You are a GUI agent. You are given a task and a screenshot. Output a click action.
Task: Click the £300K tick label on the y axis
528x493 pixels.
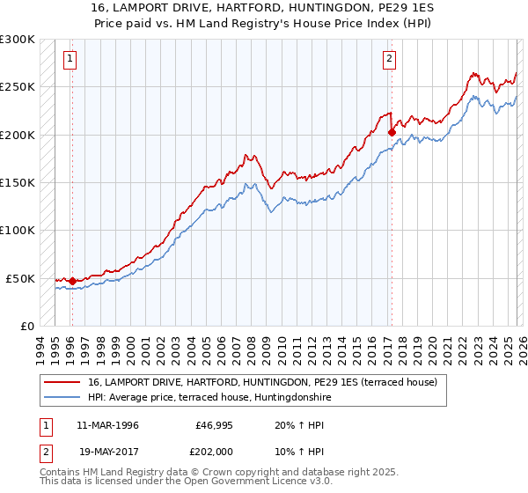18,40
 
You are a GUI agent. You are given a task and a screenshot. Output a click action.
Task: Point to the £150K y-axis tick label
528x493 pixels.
18,183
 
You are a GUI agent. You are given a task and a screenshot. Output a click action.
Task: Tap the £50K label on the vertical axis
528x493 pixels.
20,278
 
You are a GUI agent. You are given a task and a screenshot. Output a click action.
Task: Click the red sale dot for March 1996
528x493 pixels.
72,282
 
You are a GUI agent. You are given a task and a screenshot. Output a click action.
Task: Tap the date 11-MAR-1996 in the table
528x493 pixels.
107,425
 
